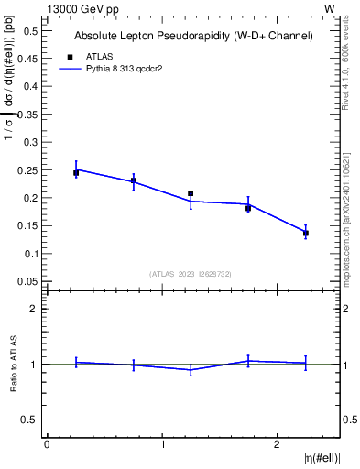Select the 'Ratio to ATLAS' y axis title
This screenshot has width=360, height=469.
pos(13,364)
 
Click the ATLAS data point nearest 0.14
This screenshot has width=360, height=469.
pos(306,233)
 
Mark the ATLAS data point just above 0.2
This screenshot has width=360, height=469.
pos(191,193)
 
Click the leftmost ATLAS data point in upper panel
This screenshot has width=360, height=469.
pos(76,172)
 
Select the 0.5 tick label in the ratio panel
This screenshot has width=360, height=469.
pos(29,420)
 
